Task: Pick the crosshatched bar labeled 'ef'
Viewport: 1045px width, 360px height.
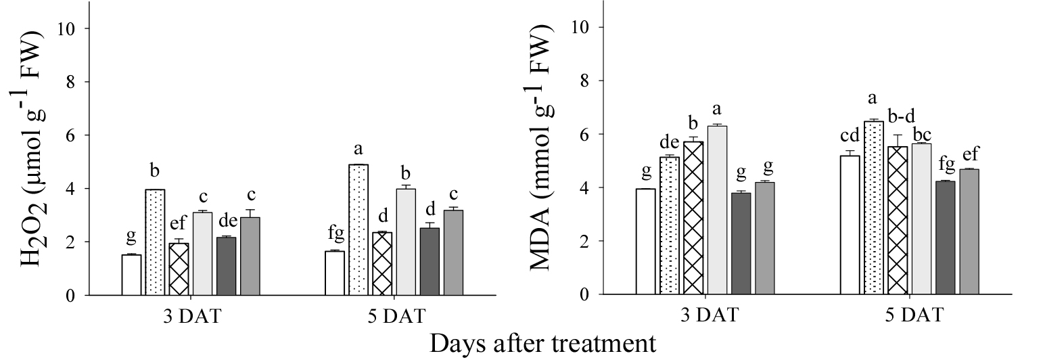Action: tap(179, 269)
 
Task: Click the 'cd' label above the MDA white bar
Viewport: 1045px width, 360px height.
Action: tap(849, 137)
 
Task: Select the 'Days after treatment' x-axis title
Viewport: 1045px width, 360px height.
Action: tap(542, 342)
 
